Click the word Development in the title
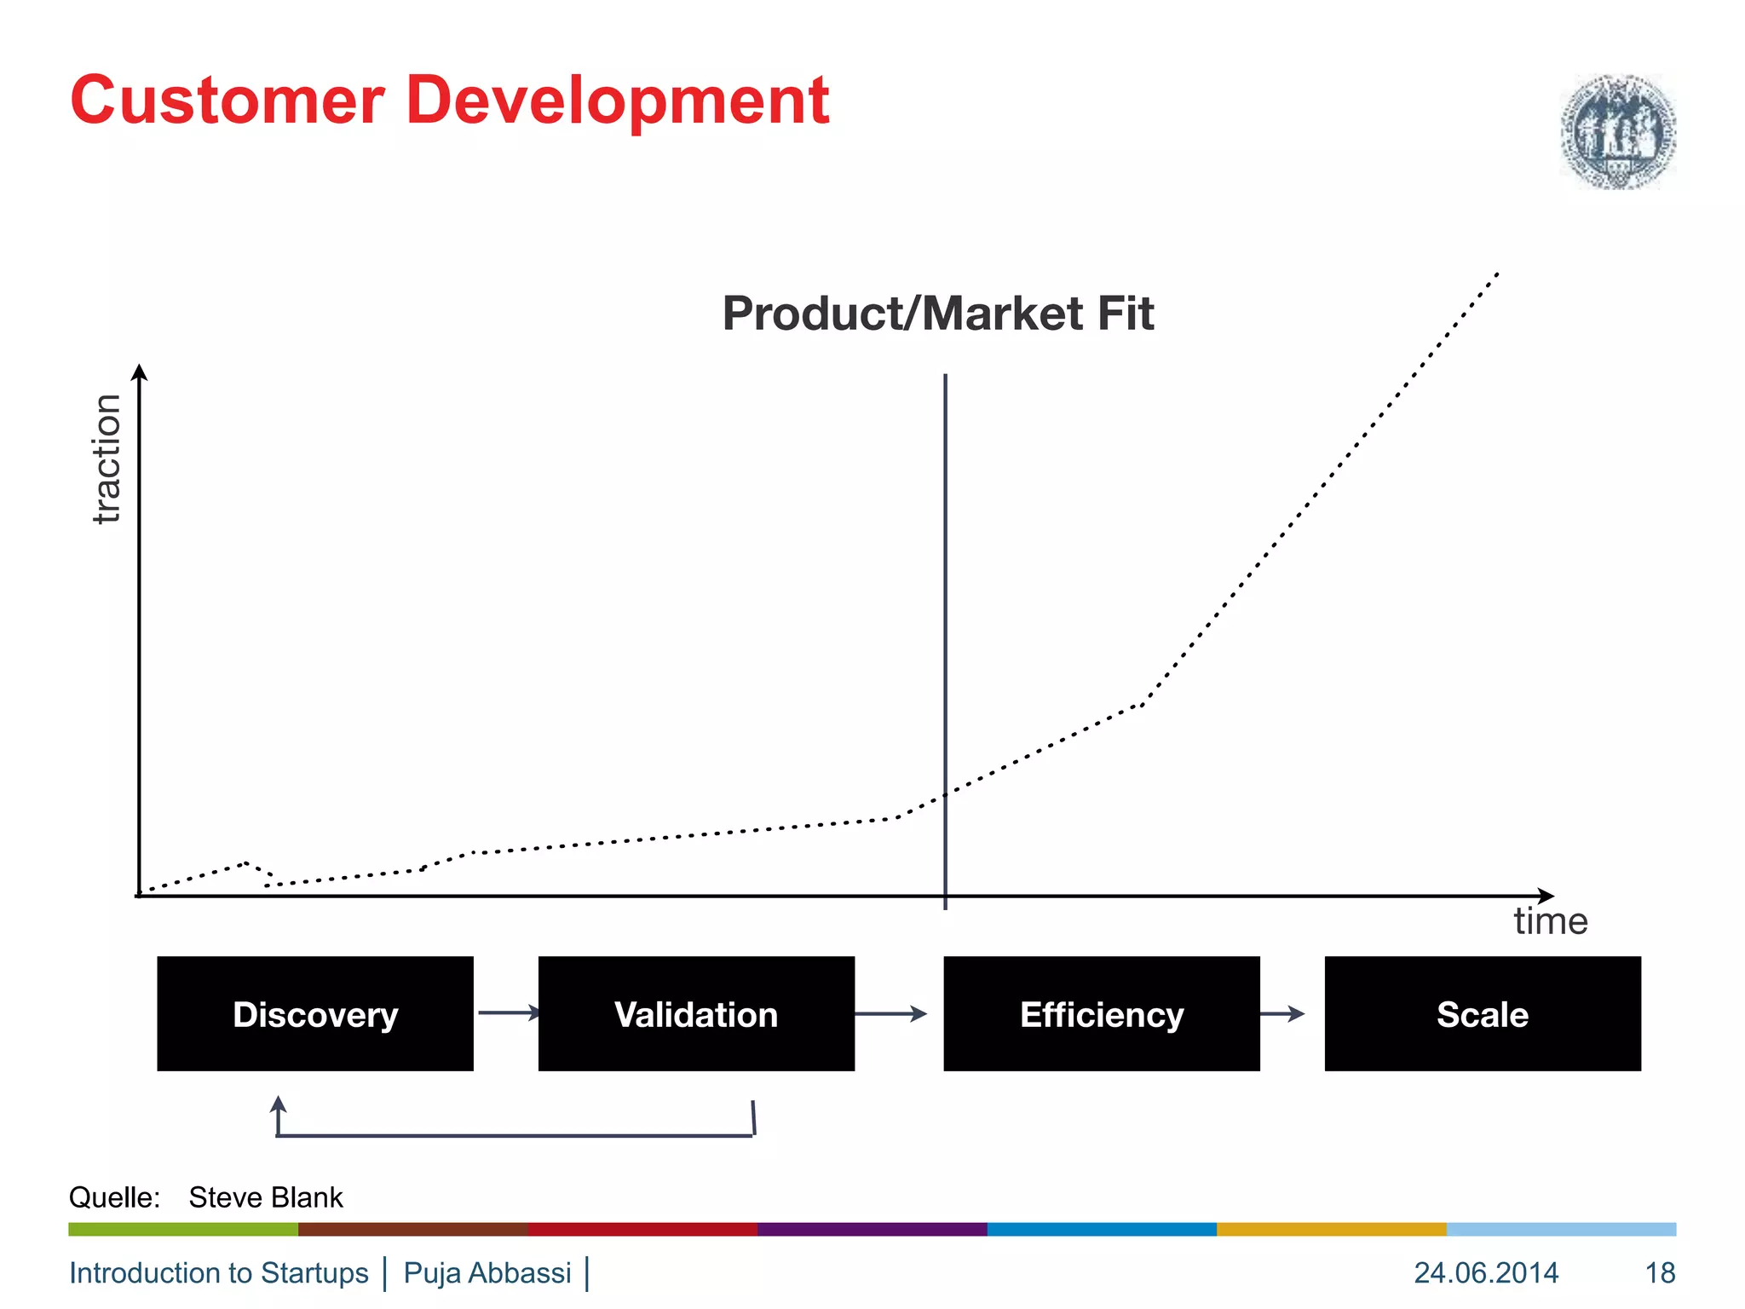pos(618,102)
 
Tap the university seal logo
pos(1617,131)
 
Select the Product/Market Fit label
pos(937,314)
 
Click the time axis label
pos(1550,921)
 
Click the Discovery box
pos(315,1013)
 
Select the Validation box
pos(696,1013)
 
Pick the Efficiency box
pos(1101,1013)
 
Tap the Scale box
pos(1482,1013)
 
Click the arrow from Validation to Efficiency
pos(890,1013)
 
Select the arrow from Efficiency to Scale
pos(1282,1013)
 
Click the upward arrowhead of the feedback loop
pos(278,1105)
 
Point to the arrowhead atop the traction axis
pos(140,372)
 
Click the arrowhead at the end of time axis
pos(1546,896)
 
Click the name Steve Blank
pos(265,1197)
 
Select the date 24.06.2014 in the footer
pos(1486,1272)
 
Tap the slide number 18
pos(1660,1272)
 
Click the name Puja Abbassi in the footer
pos(487,1272)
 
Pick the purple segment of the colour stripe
pos(872,1229)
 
